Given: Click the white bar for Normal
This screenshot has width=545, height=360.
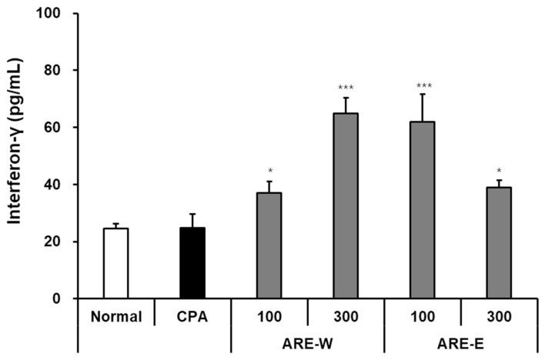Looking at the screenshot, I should [x=115, y=263].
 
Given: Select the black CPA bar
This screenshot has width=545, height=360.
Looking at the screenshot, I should [x=192, y=263].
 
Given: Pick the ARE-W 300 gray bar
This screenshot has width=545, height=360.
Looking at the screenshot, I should [x=346, y=205].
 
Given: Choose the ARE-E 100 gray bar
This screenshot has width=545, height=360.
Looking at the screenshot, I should [x=422, y=210].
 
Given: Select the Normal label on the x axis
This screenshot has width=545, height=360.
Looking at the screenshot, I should [x=115, y=316].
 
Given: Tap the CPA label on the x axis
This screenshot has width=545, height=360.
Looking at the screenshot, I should [x=192, y=316].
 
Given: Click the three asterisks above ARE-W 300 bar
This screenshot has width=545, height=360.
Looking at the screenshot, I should [x=346, y=87].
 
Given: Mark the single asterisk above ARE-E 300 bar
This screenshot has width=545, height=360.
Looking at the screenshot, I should [x=499, y=170].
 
